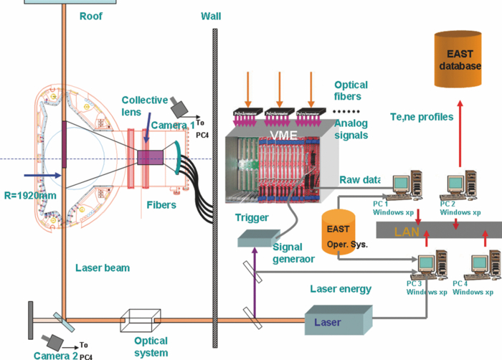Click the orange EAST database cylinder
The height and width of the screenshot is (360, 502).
click(464, 57)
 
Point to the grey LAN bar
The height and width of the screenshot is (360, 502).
click(437, 230)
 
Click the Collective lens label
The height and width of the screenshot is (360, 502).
click(144, 106)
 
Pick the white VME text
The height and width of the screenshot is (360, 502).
click(287, 134)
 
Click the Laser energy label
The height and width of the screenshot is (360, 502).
click(340, 289)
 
